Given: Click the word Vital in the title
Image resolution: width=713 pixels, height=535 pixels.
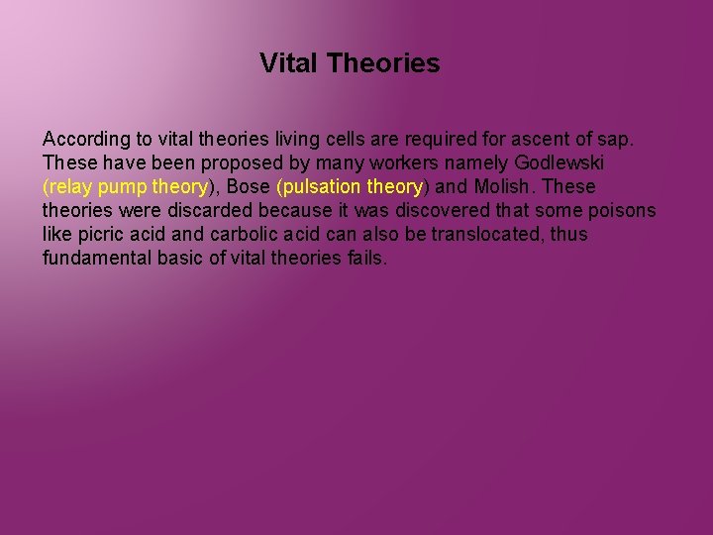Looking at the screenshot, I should pyautogui.click(x=289, y=64).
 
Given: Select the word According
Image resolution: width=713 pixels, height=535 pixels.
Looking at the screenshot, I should pyautogui.click(x=84, y=139).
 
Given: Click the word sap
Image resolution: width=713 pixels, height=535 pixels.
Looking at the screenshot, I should pyautogui.click(x=615, y=139).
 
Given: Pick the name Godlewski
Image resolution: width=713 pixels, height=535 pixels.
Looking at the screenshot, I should pyautogui.click(x=560, y=162).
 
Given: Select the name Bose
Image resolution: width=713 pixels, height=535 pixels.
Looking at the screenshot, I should pyautogui.click(x=249, y=186).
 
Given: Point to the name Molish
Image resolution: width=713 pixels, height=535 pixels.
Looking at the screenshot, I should pyautogui.click(x=502, y=186).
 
